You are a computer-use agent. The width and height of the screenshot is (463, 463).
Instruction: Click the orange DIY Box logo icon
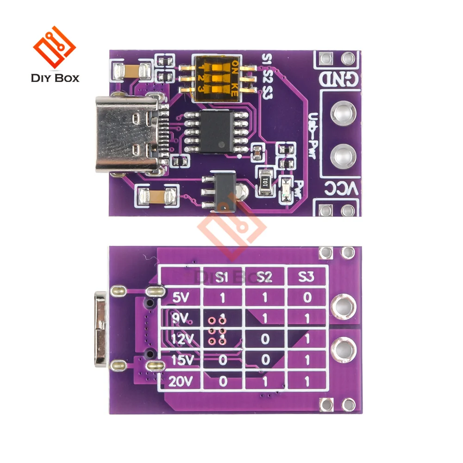coord(54,48)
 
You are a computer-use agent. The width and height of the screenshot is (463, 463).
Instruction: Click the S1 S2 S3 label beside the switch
coord(267,77)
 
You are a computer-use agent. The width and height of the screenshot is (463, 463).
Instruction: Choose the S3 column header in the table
coord(307,277)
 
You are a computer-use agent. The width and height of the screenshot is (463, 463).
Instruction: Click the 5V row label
coord(181,297)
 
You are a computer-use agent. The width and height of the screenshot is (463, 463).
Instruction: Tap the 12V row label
coord(181,339)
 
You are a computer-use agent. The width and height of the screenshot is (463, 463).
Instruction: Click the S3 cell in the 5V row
coord(307,297)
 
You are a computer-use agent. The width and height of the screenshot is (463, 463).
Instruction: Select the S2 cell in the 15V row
coord(264,360)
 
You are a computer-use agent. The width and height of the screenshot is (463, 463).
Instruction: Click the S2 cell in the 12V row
coord(264,339)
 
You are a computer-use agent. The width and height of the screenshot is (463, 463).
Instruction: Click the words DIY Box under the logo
coord(55,77)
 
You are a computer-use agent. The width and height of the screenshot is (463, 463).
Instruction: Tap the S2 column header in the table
coord(264,277)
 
